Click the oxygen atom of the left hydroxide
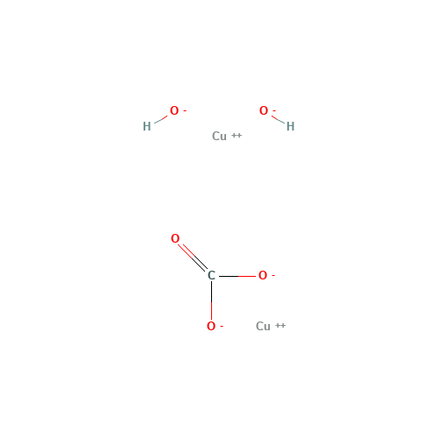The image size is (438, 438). pyautogui.click(x=173, y=111)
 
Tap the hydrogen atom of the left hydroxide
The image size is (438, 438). pyautogui.click(x=146, y=126)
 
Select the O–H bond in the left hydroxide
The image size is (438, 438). pyautogui.click(x=160, y=118)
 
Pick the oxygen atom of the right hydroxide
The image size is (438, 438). pyautogui.click(x=263, y=111)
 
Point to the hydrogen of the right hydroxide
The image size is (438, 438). pyautogui.click(x=290, y=126)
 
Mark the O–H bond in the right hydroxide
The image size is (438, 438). pyautogui.click(x=277, y=118)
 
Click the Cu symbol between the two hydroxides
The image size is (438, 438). pyautogui.click(x=219, y=136)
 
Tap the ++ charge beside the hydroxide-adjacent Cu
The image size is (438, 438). pyautogui.click(x=237, y=135)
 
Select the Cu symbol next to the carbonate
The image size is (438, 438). pyautogui.click(x=263, y=326)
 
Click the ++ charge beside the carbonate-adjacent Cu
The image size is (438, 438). pyautogui.click(x=280, y=325)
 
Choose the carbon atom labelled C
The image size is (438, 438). pyautogui.click(x=211, y=276)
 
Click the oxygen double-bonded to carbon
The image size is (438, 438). pyautogui.click(x=175, y=238)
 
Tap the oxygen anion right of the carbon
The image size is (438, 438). pyautogui.click(x=262, y=276)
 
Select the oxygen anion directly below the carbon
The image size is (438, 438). pyautogui.click(x=210, y=327)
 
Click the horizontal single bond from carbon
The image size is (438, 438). pyautogui.click(x=246, y=276)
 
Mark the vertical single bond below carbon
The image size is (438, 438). pyautogui.click(x=211, y=310)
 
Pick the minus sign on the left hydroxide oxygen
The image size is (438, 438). pyautogui.click(x=185, y=109)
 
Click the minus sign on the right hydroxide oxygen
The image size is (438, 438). pyautogui.click(x=274, y=109)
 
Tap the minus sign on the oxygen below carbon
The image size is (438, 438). pyautogui.click(x=222, y=325)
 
